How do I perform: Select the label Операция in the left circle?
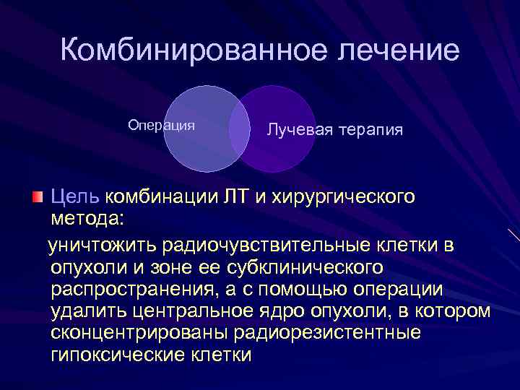click(161, 125)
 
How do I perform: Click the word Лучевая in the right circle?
click(296, 131)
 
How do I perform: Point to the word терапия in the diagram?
click(368, 131)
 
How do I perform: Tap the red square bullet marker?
click(38, 196)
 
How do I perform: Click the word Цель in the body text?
click(75, 196)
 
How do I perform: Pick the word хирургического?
click(343, 196)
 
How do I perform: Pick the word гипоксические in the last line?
click(120, 355)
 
